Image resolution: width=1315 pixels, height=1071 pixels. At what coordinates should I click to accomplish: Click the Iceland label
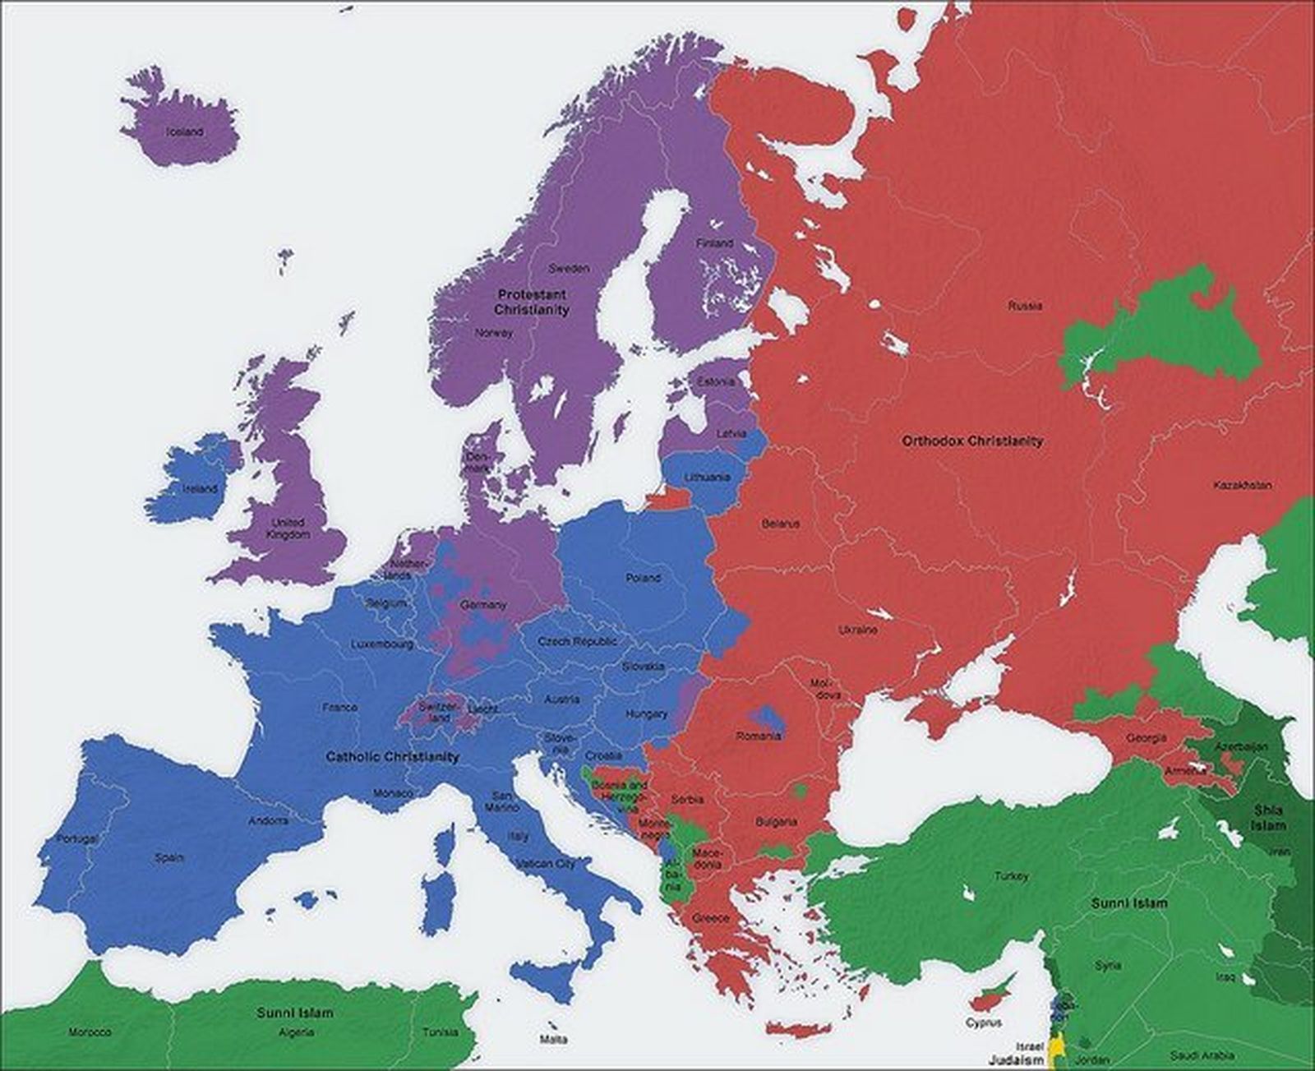[x=184, y=132]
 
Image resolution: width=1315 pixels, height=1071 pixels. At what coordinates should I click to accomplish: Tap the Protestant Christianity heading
[x=531, y=302]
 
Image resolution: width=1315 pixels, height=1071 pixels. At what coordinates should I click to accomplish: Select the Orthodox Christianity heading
[x=972, y=441]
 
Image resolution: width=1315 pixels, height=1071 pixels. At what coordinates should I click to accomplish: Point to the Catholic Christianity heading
[x=392, y=756]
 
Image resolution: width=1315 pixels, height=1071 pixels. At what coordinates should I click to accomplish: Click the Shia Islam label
[x=1268, y=817]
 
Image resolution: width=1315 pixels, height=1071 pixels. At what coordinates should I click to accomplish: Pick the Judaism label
[x=1016, y=1059]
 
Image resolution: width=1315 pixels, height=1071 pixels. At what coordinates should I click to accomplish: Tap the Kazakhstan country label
[x=1242, y=485]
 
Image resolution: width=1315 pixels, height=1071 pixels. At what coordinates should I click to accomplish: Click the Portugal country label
[x=76, y=838]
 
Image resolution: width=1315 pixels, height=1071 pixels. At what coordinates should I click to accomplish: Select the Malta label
[x=553, y=1040]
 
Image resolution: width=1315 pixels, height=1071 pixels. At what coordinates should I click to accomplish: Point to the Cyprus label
[x=983, y=1023]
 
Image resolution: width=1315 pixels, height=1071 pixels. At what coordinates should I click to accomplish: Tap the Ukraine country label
[x=857, y=630]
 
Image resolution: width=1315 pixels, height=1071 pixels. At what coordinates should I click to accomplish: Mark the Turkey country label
[x=1011, y=876]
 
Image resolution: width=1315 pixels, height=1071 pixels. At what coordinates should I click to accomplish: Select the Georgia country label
[x=1146, y=738]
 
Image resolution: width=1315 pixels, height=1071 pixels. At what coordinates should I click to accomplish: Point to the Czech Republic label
[x=577, y=641]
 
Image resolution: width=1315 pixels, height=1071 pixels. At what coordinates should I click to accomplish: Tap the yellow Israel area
[x=1059, y=1048]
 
